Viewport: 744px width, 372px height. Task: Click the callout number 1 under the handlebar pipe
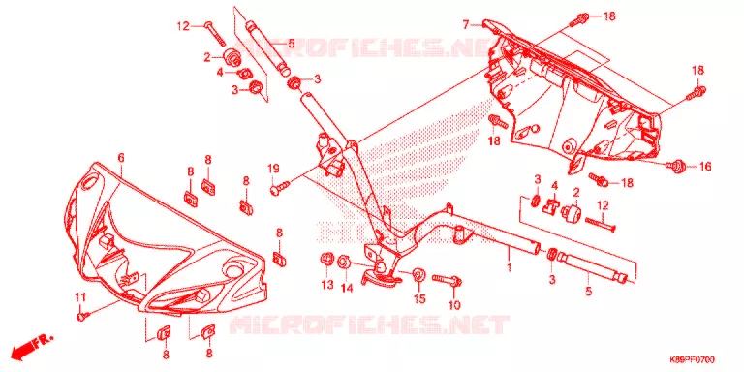tap(510, 267)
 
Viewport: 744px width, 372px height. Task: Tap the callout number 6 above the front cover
tap(121, 158)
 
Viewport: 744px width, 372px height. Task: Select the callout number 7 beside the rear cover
tap(466, 23)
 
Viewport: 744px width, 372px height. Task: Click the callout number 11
tap(80, 298)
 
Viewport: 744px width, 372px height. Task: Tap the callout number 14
tap(347, 287)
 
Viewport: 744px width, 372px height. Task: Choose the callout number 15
tap(420, 299)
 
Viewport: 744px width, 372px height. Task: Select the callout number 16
tap(704, 166)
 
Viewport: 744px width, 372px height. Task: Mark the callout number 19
tap(274, 169)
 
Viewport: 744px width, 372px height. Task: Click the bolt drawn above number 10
tap(447, 280)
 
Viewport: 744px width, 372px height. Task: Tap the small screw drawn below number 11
tap(80, 315)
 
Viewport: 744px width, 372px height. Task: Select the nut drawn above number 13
tap(326, 260)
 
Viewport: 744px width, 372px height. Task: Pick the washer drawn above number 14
tap(344, 262)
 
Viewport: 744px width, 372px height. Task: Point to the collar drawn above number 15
tap(418, 275)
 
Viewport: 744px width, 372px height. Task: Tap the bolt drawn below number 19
tap(280, 187)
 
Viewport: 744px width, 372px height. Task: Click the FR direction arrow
tap(32, 347)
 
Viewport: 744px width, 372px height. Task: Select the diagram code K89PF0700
tap(693, 358)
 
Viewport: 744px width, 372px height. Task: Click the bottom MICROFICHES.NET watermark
tap(369, 325)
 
